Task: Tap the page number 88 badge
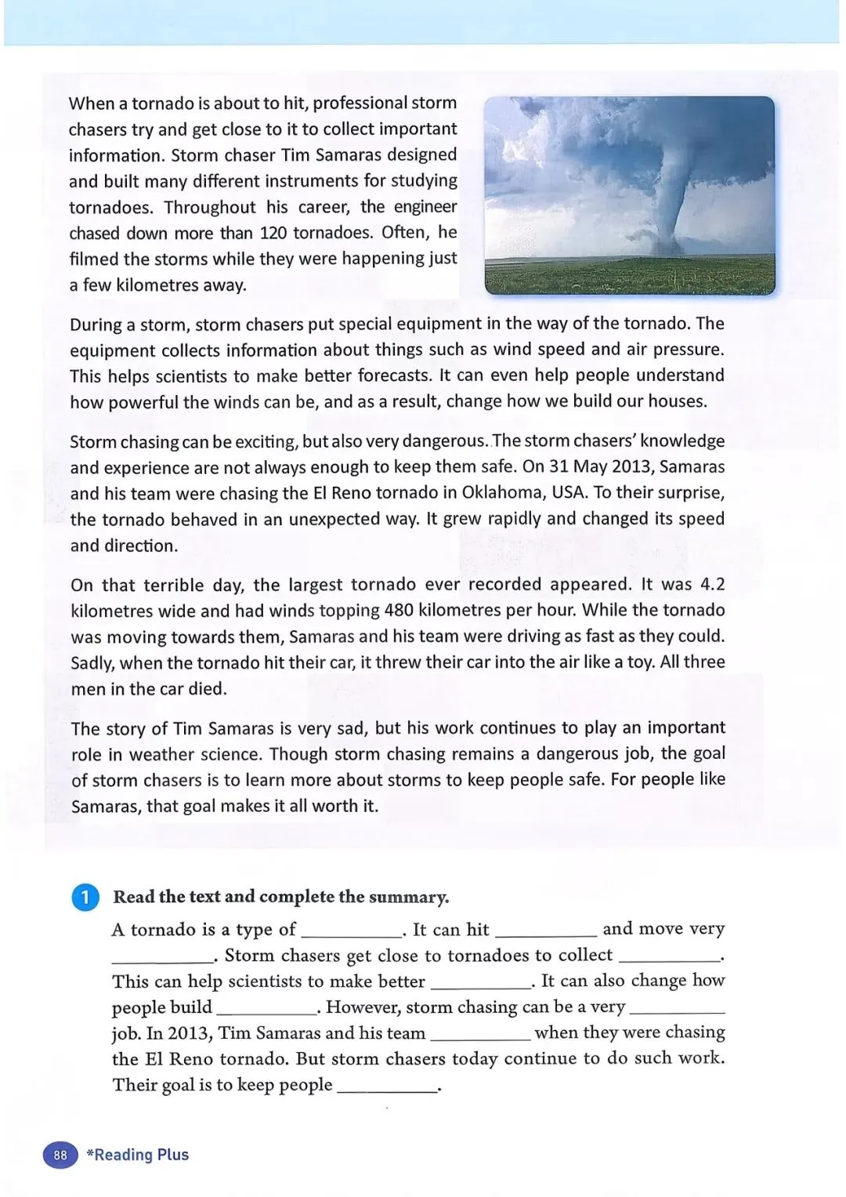pyautogui.click(x=60, y=1155)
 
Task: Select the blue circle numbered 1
pyautogui.click(x=85, y=898)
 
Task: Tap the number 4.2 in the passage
pyautogui.click(x=712, y=585)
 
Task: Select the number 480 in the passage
pyautogui.click(x=399, y=611)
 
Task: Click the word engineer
pyautogui.click(x=425, y=207)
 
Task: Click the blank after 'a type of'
pyautogui.click(x=351, y=931)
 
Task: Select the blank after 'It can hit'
pyautogui.click(x=546, y=931)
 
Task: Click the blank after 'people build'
pyautogui.click(x=266, y=1009)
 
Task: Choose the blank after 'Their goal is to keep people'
pyautogui.click(x=386, y=1086)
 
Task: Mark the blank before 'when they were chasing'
pyautogui.click(x=480, y=1035)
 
